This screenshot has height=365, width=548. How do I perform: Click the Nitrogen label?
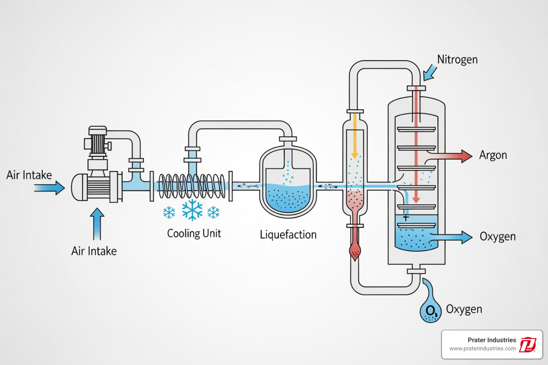coord(457,60)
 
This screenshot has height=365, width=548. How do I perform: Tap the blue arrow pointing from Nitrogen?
coord(430,73)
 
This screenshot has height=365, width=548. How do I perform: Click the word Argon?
coord(493,155)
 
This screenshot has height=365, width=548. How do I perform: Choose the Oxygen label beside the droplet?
coord(464,309)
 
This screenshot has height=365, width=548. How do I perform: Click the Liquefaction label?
coord(288,235)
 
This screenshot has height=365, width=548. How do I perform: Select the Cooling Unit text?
coord(194,233)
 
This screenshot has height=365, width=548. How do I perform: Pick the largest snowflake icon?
coord(192,210)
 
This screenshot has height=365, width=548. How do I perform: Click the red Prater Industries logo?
coord(527,345)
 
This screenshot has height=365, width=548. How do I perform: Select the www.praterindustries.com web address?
coord(482,349)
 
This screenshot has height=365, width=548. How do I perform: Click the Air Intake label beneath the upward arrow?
coord(94,251)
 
